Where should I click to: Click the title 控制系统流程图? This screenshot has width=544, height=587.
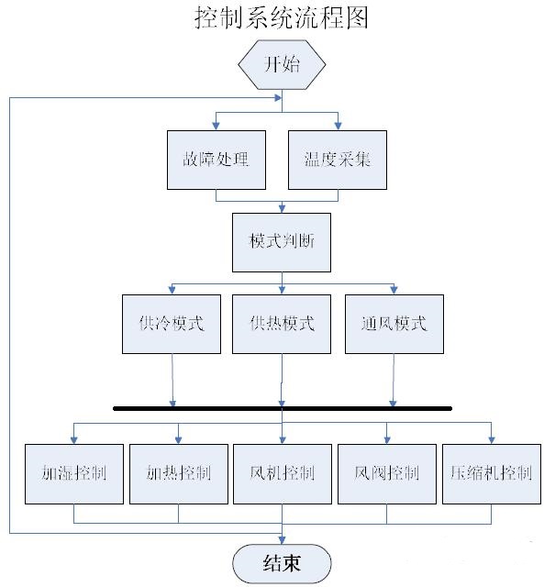(x=281, y=17)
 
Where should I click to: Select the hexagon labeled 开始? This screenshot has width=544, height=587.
(x=282, y=65)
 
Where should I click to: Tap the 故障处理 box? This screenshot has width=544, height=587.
(x=216, y=160)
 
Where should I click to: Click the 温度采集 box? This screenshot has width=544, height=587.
(x=338, y=160)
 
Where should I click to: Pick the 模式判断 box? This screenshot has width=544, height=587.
(x=282, y=242)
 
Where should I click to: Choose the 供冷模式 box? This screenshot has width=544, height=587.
(x=172, y=324)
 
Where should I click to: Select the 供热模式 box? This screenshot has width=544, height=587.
(x=282, y=324)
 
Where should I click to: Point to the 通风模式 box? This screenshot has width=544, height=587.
(x=394, y=324)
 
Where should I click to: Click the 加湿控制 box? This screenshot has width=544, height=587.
(x=74, y=474)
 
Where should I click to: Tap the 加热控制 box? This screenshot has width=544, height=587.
(x=179, y=474)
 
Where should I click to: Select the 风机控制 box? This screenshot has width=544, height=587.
(x=283, y=474)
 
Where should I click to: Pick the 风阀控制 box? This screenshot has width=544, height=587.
(x=387, y=474)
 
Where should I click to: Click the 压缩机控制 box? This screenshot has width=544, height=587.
(x=492, y=474)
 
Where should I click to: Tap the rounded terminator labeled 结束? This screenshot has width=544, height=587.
(x=282, y=563)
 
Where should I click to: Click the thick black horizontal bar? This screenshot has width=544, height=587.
(x=283, y=408)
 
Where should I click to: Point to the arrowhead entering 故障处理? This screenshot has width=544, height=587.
(x=216, y=127)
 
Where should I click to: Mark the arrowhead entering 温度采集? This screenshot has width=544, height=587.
(x=338, y=127)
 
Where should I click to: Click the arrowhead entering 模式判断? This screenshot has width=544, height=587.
(x=282, y=209)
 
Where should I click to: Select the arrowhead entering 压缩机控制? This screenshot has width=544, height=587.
(x=492, y=440)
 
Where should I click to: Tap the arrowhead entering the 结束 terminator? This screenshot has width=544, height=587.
(x=282, y=540)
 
